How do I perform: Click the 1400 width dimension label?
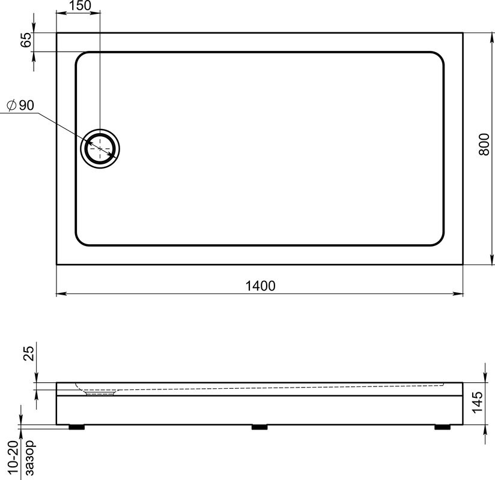tap(260, 286)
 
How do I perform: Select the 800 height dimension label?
tap(484, 145)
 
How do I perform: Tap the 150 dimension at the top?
tap(79, 5)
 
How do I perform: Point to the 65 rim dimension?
tap(26, 40)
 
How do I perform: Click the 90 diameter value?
tap(26, 106)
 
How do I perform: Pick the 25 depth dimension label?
tap(28, 353)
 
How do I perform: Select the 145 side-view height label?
tap(478, 402)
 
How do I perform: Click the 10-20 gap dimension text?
tap(14, 457)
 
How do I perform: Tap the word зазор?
tap(30, 458)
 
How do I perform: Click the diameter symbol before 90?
tap(11, 106)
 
